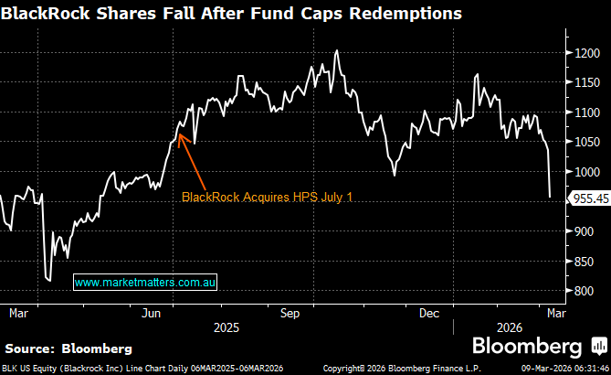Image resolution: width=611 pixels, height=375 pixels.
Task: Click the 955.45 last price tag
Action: (x=589, y=197)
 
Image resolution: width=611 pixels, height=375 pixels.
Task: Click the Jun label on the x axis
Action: (x=151, y=312)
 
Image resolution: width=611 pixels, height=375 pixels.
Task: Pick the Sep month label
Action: (x=290, y=312)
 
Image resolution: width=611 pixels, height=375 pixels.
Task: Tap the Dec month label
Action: (x=428, y=312)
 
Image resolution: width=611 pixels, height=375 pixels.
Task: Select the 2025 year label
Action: (x=226, y=326)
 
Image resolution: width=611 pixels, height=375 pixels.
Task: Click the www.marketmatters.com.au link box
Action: (x=144, y=284)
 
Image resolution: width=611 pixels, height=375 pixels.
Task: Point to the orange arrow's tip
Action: (x=179, y=134)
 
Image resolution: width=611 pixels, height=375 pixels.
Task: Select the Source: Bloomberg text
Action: (x=68, y=348)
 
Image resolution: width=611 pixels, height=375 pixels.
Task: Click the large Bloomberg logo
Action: (x=526, y=347)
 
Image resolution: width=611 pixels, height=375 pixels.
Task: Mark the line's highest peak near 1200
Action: (x=337, y=50)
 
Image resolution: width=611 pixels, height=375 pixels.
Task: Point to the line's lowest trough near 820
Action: (x=48, y=281)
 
